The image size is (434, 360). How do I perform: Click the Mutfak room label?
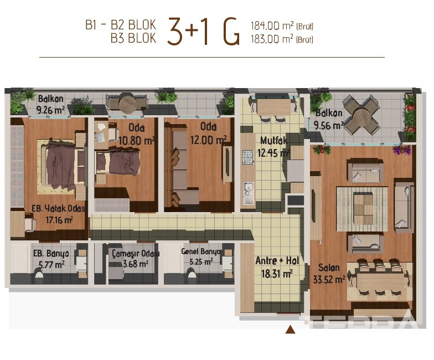(x=273, y=141)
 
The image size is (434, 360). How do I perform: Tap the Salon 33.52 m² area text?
(x=329, y=279)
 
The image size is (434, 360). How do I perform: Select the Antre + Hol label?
(x=277, y=260)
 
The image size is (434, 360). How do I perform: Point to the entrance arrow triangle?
(x=290, y=329)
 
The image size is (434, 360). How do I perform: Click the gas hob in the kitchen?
(x=248, y=157)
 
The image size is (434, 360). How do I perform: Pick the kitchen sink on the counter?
(x=249, y=193)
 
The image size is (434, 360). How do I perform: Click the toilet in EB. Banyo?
(x=39, y=277)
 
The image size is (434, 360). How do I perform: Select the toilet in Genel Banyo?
(x=192, y=278)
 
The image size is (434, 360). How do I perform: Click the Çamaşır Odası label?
(x=136, y=254)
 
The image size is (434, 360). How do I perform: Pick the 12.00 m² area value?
(x=208, y=140)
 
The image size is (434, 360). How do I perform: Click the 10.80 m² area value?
(x=136, y=141)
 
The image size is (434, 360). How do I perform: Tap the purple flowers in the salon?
(x=402, y=150)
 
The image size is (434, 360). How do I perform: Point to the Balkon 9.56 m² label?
(x=329, y=120)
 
